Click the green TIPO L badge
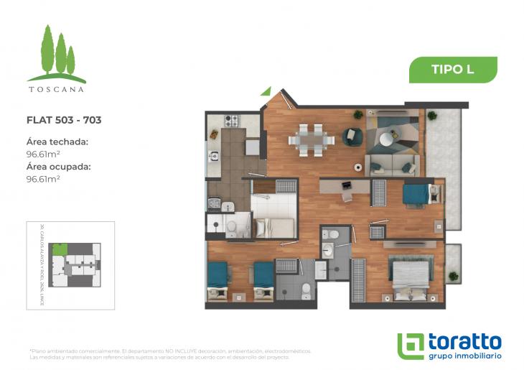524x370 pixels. [453, 70]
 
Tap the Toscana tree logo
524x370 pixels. [57, 55]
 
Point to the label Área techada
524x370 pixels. [57, 142]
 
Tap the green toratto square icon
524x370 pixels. [411, 346]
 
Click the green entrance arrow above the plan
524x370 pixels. [266, 91]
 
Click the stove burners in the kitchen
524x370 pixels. [231, 120]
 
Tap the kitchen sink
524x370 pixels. [213, 154]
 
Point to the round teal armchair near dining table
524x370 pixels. [352, 134]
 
